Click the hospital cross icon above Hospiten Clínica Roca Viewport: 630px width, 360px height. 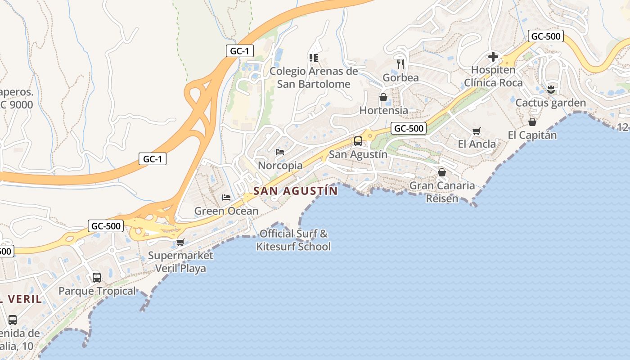[x=493, y=57]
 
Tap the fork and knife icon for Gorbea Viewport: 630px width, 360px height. [x=400, y=64]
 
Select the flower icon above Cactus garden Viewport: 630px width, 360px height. [x=550, y=89]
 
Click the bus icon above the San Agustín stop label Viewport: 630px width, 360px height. [x=358, y=141]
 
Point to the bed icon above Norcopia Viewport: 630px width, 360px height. [x=280, y=152]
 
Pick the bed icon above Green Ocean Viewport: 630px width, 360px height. [x=226, y=198]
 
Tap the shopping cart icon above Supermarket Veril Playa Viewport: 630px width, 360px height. [x=180, y=242]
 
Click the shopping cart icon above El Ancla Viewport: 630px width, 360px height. [x=477, y=131]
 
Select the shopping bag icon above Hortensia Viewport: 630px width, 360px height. [x=383, y=97]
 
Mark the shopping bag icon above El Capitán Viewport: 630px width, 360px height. [x=532, y=122]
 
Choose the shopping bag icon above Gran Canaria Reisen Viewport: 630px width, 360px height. [x=442, y=172]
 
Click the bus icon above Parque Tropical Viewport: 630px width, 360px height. [x=97, y=277]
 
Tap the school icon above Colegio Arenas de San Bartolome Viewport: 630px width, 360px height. [x=314, y=58]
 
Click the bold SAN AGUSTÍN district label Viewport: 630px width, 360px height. [x=295, y=191]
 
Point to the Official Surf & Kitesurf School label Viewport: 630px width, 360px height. [x=293, y=240]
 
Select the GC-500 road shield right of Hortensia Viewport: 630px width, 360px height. [x=408, y=128]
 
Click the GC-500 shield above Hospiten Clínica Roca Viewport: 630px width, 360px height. [x=545, y=36]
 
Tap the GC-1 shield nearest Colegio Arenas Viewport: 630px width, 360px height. [x=239, y=51]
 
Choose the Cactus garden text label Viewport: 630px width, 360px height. [x=550, y=103]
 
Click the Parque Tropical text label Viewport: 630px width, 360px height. [x=97, y=291]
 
